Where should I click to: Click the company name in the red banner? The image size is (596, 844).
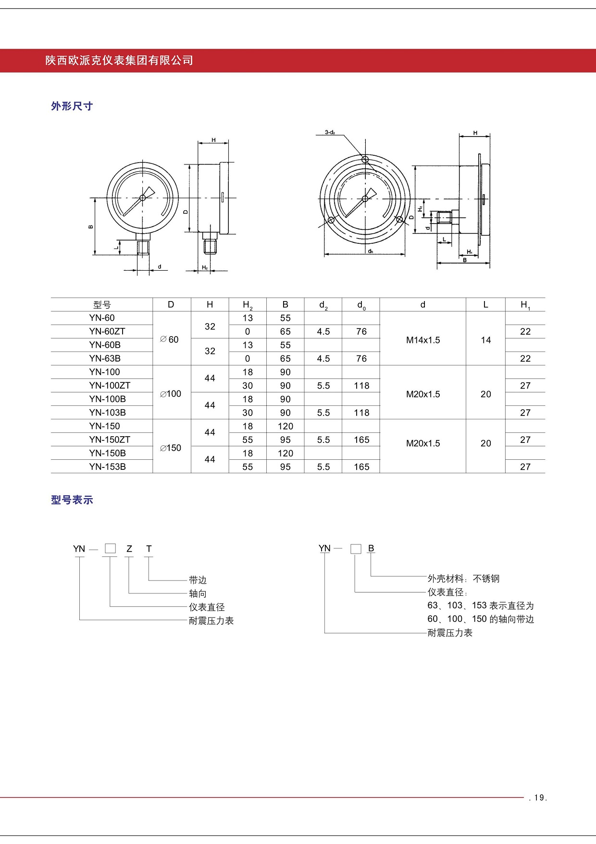pos(119,61)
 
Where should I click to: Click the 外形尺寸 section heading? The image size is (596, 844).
pos(72,106)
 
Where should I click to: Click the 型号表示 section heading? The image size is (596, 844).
pos(72,500)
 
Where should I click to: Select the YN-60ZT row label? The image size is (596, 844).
pos(107,331)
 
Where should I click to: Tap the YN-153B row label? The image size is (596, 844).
pos(107,466)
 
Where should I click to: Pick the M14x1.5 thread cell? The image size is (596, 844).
pos(422,340)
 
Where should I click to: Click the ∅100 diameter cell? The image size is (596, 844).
pos(171,394)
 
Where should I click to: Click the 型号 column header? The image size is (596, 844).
pos(102,305)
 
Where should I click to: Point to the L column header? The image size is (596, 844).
pos(485,304)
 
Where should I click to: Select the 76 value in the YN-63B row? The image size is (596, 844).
pos(361,358)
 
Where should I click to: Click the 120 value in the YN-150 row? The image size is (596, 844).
pos(285,426)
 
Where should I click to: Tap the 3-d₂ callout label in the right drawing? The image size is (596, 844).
pos(330,132)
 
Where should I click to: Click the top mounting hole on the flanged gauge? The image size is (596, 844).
pos(365,159)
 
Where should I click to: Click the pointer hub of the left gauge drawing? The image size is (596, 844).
pos(143,198)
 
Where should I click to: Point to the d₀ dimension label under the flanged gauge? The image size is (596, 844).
pos(370,251)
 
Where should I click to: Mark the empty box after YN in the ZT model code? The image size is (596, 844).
pos(110,548)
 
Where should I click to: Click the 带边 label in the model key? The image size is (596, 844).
pos(198,580)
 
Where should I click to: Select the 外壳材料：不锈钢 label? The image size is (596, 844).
pos(463,579)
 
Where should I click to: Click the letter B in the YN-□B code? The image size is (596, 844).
pos(371,548)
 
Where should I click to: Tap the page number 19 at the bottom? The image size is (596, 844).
pos(538,798)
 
